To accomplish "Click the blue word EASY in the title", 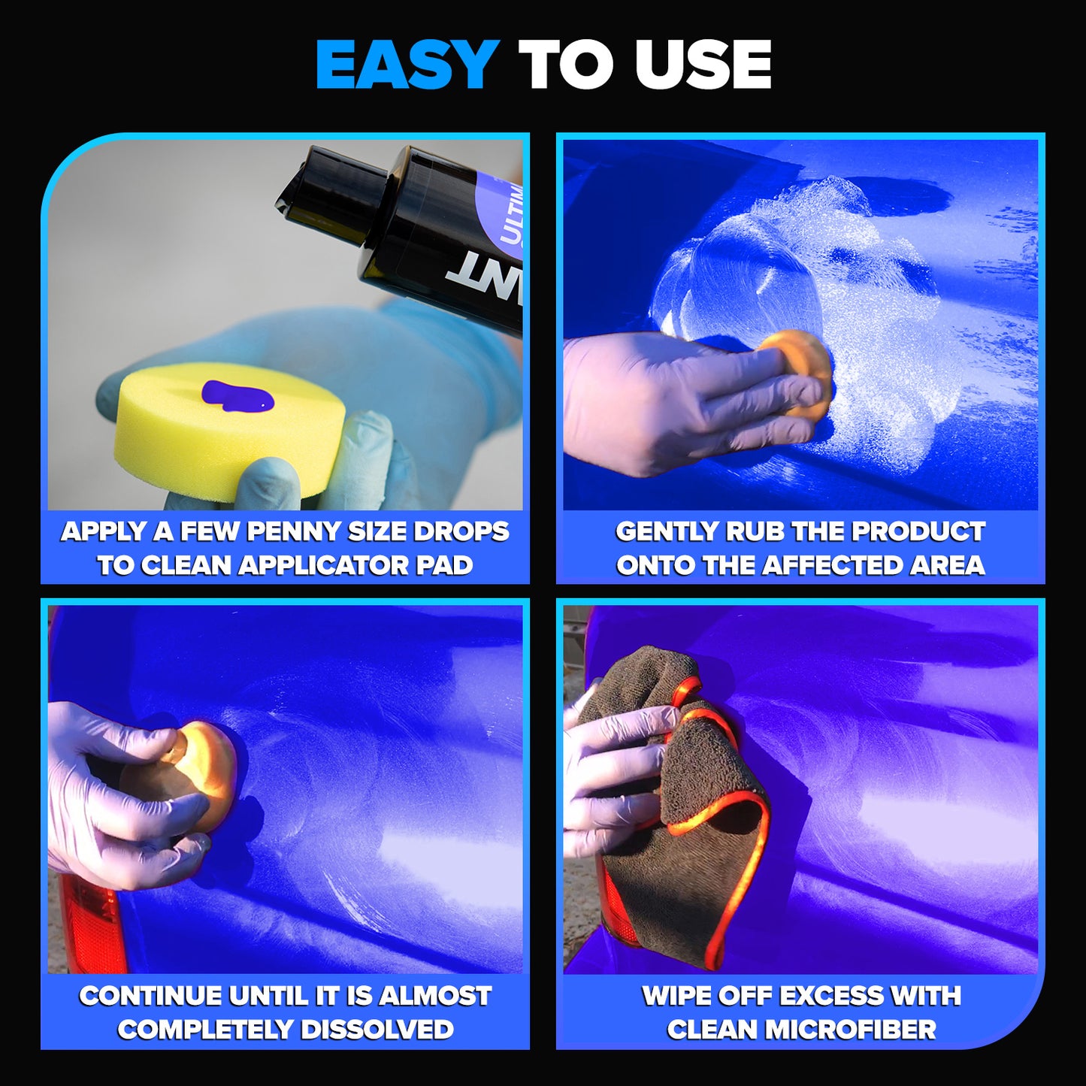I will (x=407, y=65).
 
